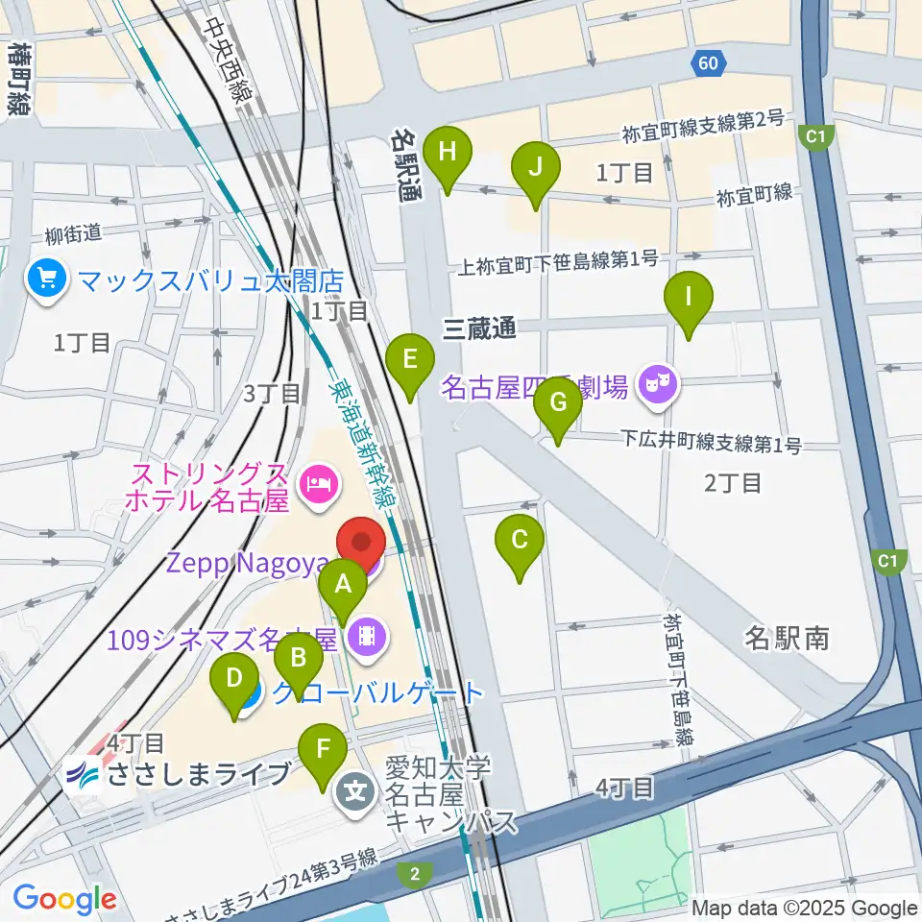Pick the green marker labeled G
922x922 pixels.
(x=558, y=404)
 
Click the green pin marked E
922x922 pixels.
(x=409, y=362)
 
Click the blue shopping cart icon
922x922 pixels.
(x=46, y=279)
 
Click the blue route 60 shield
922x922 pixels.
(x=706, y=64)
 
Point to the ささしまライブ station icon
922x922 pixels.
(x=82, y=775)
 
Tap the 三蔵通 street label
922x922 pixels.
(x=479, y=329)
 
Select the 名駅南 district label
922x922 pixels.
(x=787, y=638)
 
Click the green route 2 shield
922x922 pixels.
(x=414, y=873)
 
